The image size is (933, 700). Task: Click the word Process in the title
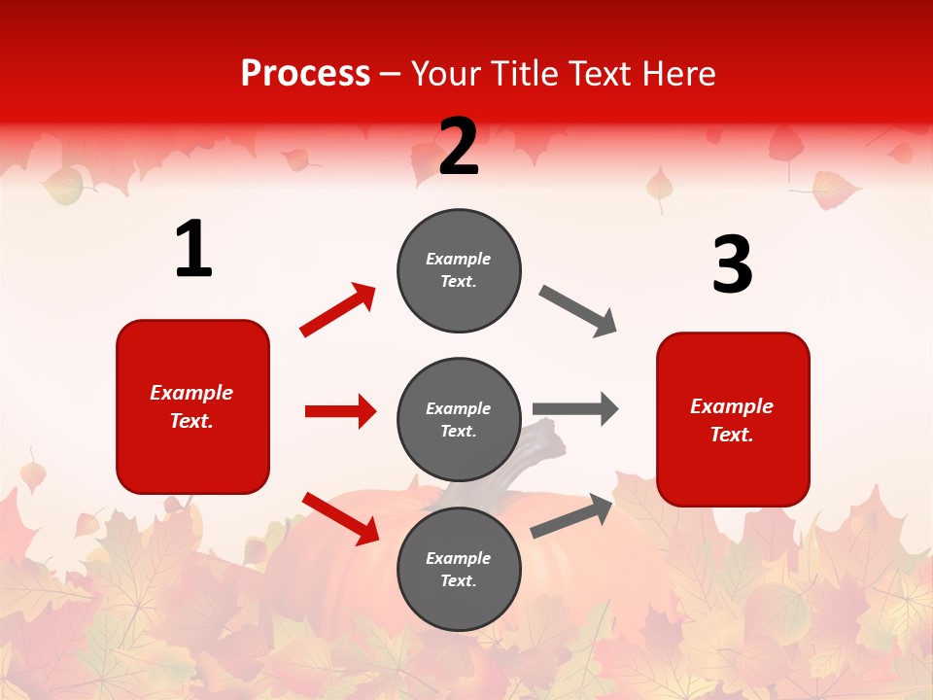[305, 74]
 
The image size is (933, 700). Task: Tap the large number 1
[193, 250]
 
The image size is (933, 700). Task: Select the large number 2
[459, 147]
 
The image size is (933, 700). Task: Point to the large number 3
[732, 265]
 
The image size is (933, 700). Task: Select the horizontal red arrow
[340, 411]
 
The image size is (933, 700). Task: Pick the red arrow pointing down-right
[340, 517]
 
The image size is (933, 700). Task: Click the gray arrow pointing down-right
[578, 311]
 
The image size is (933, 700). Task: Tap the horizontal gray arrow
[575, 408]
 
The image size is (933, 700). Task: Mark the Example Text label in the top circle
[459, 270]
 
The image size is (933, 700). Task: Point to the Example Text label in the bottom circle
[459, 570]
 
